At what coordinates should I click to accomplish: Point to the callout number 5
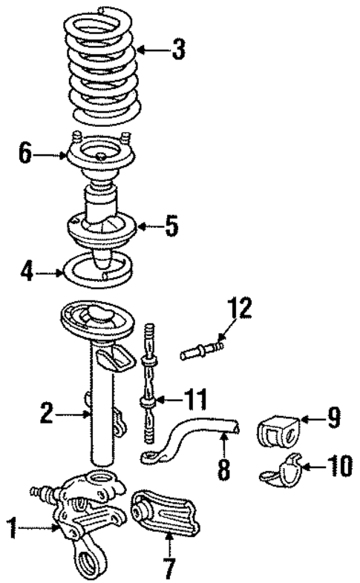(171, 225)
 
